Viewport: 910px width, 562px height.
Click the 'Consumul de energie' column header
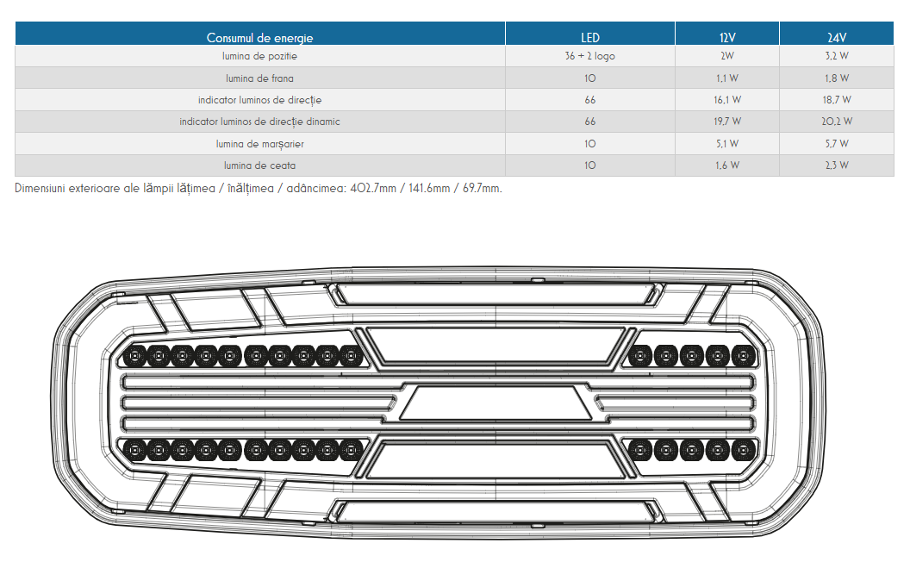[259, 38]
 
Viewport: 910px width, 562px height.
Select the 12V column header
[727, 38]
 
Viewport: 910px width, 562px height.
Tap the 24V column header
[836, 38]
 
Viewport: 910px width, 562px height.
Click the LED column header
[590, 38]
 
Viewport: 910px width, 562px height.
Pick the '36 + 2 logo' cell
[589, 56]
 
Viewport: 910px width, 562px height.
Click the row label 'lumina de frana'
[259, 78]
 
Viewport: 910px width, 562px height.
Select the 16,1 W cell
[727, 100]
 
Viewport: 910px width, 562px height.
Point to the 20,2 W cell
[837, 122]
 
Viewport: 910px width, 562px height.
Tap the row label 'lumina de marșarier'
[259, 144]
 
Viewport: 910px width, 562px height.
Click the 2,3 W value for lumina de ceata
[837, 165]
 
